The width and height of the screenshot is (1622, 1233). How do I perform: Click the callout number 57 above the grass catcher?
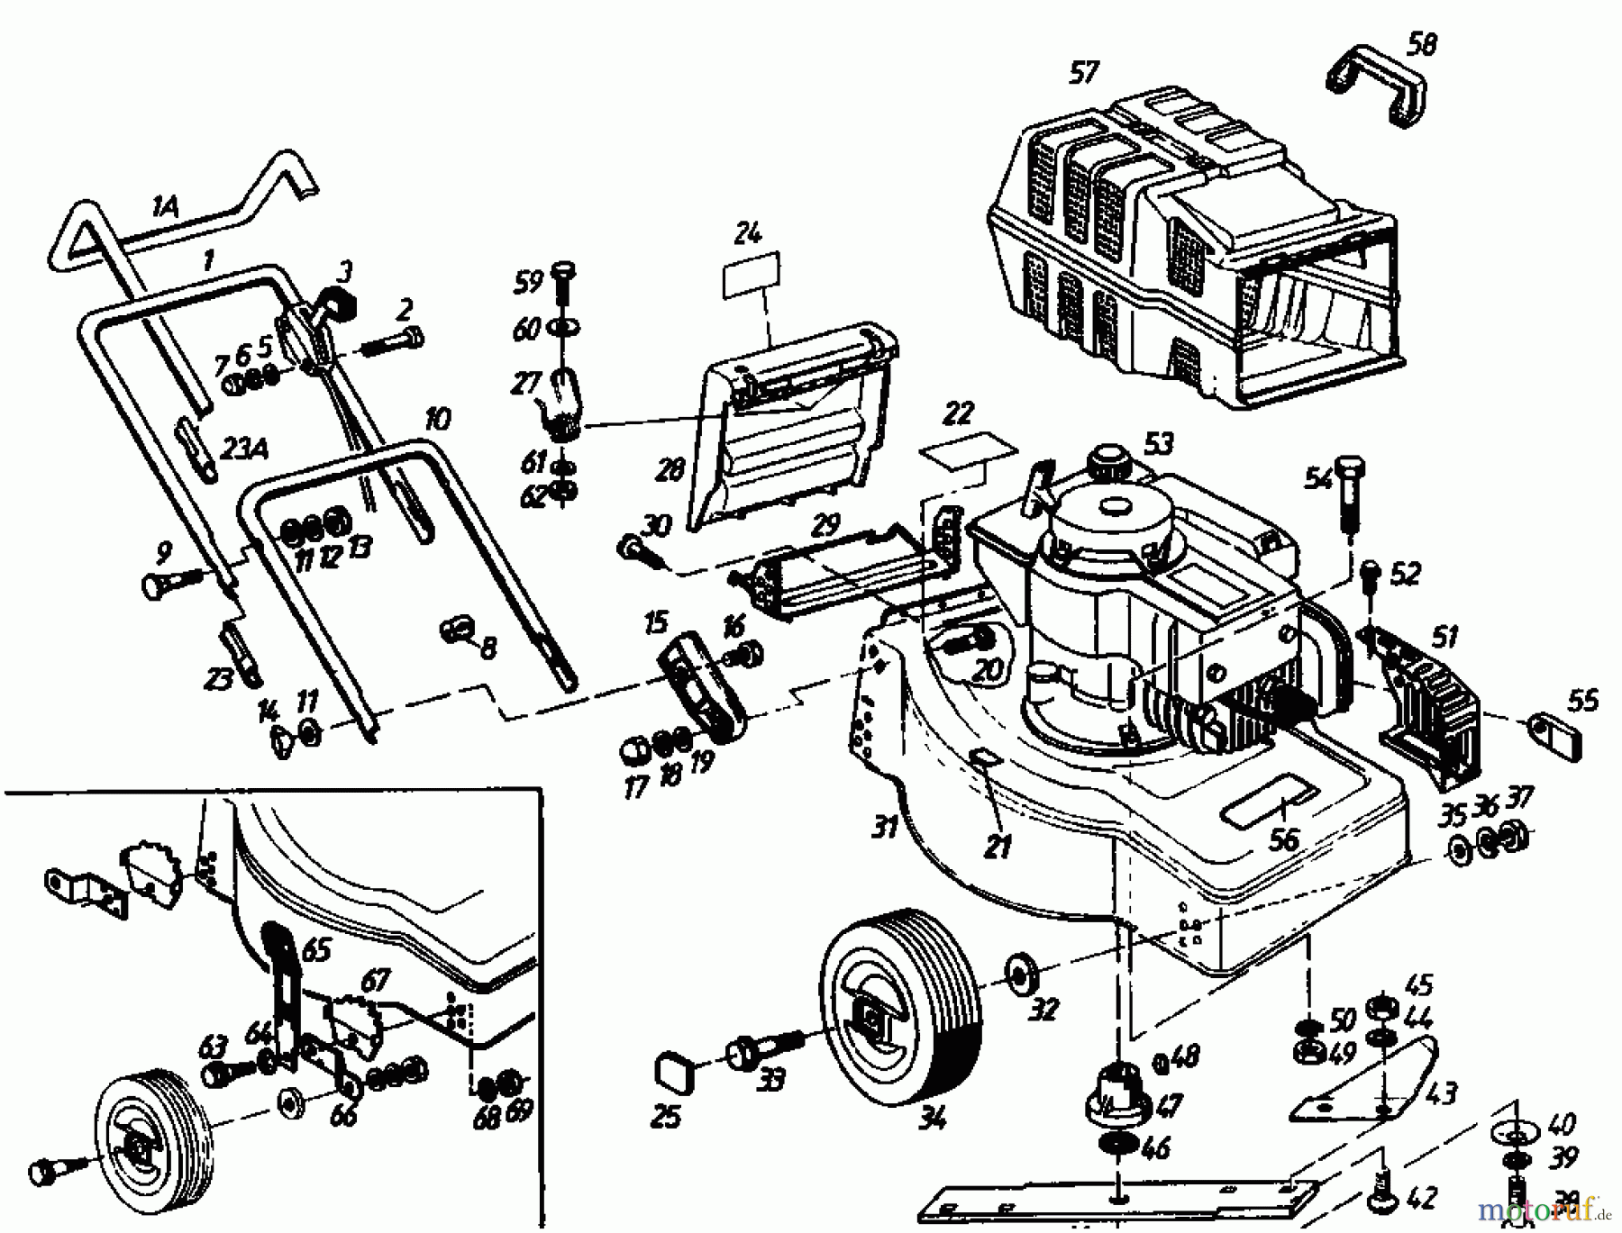click(x=1085, y=72)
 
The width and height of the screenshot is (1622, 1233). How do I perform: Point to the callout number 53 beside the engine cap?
click(x=1159, y=443)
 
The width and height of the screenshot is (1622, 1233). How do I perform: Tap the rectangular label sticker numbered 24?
click(x=751, y=276)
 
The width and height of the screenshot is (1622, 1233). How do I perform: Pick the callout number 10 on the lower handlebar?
click(x=438, y=419)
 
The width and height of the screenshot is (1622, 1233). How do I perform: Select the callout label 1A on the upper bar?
click(x=164, y=208)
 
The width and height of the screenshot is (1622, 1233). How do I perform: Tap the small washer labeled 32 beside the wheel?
click(x=1019, y=975)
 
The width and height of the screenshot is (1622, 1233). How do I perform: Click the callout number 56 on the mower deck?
click(x=1283, y=839)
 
